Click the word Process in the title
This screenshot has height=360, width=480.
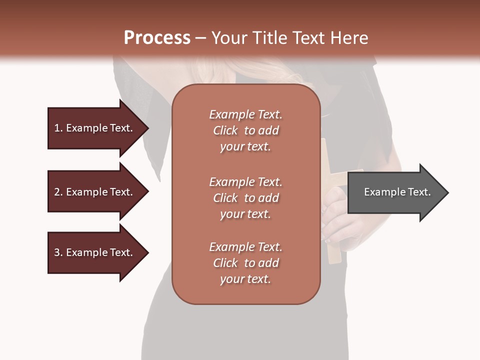157,38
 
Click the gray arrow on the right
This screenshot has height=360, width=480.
395,192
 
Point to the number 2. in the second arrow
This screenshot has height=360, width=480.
58,192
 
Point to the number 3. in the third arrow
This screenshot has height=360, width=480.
58,252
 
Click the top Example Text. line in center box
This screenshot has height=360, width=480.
245,114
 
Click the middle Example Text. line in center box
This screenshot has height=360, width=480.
245,182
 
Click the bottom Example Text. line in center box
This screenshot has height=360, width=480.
245,247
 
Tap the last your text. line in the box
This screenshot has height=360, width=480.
245,279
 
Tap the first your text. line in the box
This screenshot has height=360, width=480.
245,146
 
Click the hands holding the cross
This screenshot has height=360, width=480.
335,220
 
